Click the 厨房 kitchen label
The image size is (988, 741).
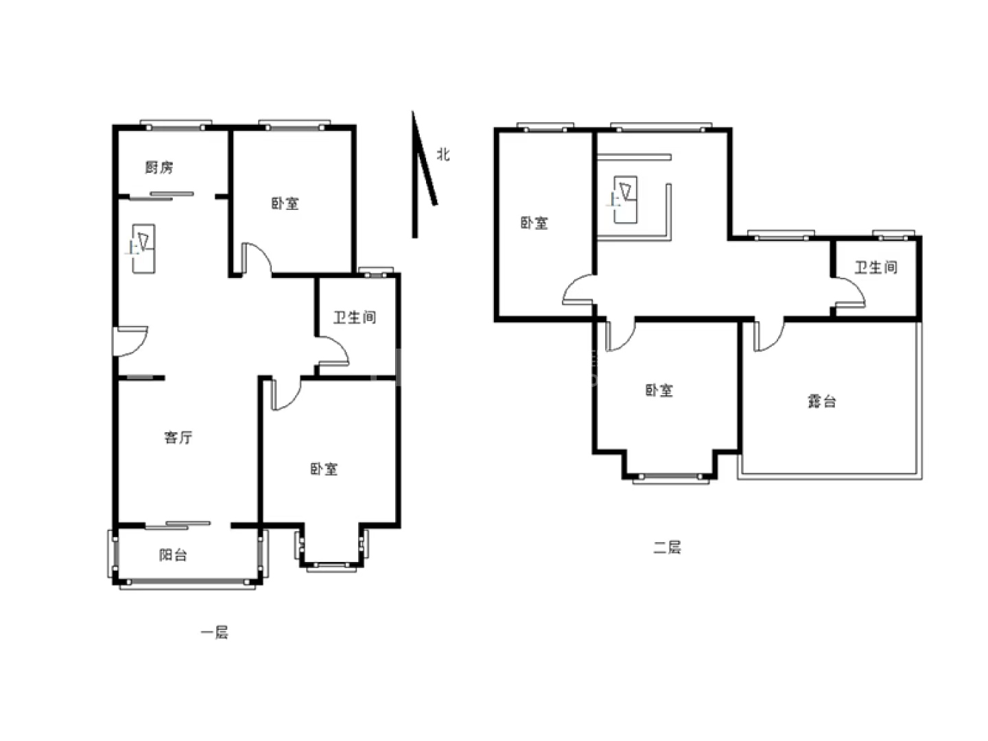[159, 167]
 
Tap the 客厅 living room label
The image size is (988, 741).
[178, 437]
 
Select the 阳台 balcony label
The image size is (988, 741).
[174, 555]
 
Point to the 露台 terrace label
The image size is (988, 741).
[822, 401]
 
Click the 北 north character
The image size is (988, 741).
[443, 154]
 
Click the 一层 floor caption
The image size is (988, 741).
[214, 633]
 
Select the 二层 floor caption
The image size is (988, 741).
[667, 548]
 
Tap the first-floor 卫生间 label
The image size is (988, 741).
[355, 317]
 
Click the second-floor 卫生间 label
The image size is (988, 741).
[876, 268]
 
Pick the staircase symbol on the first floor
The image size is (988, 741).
[143, 249]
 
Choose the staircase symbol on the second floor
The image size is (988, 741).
[626, 199]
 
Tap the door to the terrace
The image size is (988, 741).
[769, 336]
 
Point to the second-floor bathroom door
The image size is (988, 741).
[849, 293]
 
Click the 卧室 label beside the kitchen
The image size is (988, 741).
[285, 203]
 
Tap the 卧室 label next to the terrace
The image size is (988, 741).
[659, 390]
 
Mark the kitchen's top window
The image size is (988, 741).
[176, 126]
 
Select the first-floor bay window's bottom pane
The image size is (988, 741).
[331, 567]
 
